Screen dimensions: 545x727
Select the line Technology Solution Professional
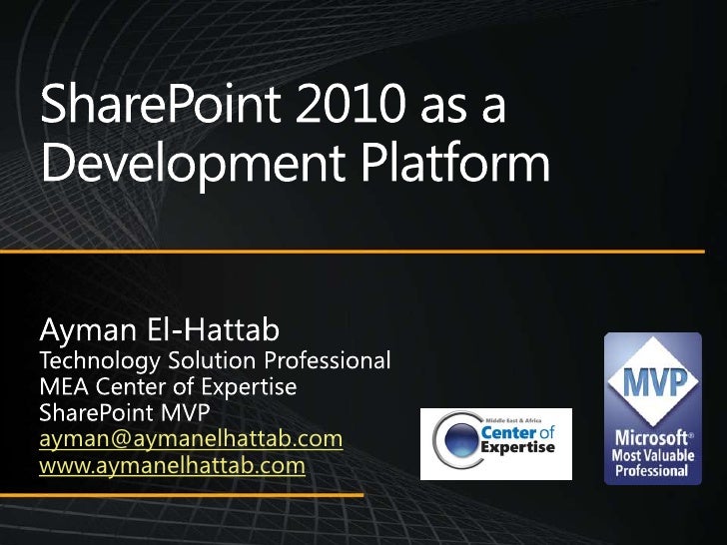tap(214, 359)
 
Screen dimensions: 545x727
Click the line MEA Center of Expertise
tap(168, 386)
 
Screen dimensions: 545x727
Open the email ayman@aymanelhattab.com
tap(191, 440)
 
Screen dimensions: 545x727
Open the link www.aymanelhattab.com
tap(172, 465)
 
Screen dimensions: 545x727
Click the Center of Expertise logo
tap(495, 443)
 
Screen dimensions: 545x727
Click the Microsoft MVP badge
tap(652, 409)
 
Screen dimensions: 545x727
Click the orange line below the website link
tap(200, 494)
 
